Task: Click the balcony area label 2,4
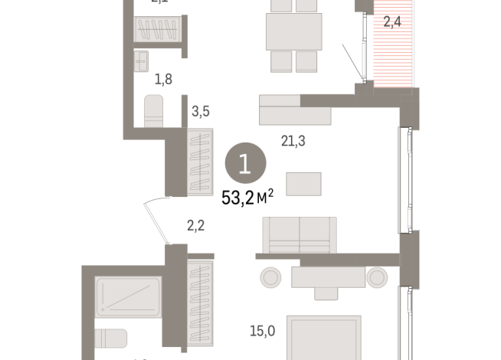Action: tap(393, 22)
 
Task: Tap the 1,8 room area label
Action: tap(162, 78)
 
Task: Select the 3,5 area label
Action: tap(201, 112)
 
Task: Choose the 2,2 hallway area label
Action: tap(196, 225)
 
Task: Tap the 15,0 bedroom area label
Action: tap(262, 331)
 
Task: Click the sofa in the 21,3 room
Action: tap(299, 234)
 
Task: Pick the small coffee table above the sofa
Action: tap(304, 185)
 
